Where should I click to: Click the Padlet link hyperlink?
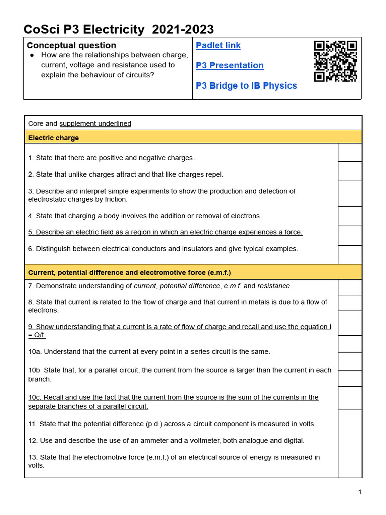(x=218, y=46)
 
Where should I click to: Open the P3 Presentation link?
(x=229, y=66)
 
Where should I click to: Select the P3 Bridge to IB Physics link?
(x=246, y=86)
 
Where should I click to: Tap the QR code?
(x=335, y=61)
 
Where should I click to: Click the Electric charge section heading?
(x=53, y=138)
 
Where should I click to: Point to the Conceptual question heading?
(x=71, y=46)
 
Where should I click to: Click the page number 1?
(x=360, y=492)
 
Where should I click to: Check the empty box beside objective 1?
(x=350, y=152)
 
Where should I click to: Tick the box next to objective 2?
(x=350, y=171)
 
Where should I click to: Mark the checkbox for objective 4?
(x=350, y=216)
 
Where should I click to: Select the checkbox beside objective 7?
(x=350, y=287)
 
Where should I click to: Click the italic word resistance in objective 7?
(x=274, y=286)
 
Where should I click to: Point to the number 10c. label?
(x=35, y=397)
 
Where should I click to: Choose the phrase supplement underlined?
(x=95, y=124)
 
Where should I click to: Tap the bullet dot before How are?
(x=32, y=55)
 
